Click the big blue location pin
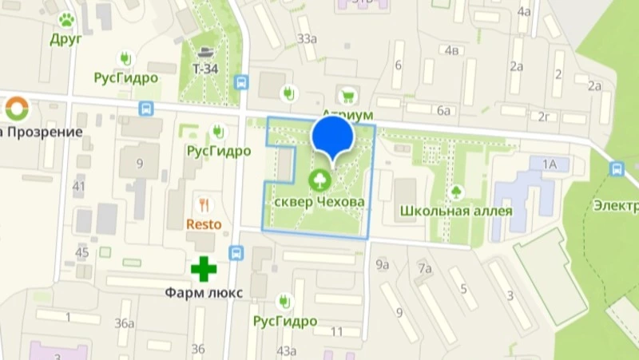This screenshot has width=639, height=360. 332,136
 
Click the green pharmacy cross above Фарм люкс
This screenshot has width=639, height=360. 204,268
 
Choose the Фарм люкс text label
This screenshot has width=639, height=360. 204,292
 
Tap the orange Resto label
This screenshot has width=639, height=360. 204,224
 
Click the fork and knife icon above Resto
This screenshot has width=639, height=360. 204,205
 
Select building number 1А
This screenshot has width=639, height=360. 549,164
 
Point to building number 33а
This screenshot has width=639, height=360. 306,38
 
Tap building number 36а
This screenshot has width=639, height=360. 124,322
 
